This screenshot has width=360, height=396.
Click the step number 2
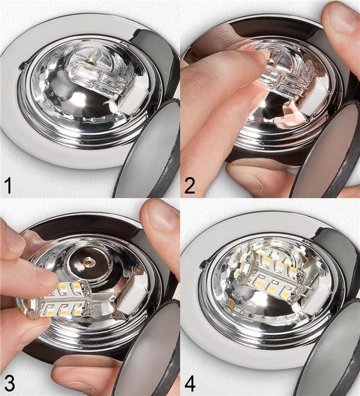coord(190,185)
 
